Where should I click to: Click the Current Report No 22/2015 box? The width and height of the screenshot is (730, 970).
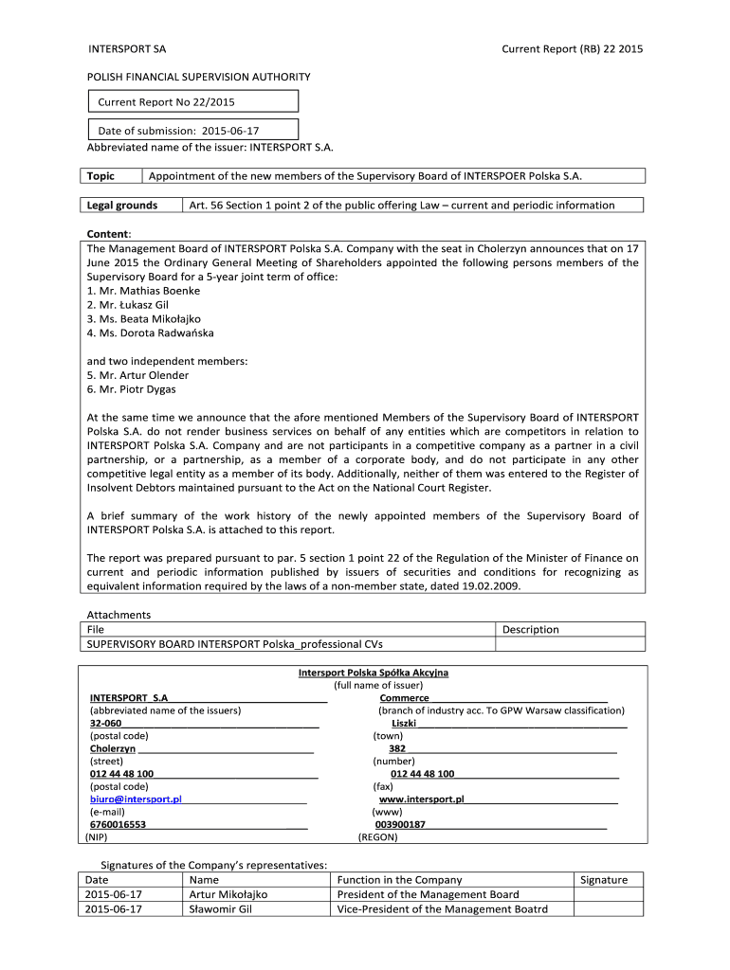click(x=192, y=101)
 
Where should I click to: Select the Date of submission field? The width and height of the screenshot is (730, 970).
click(x=192, y=130)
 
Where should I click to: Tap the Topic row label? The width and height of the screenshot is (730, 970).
click(x=100, y=176)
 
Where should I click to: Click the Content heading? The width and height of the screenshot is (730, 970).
click(x=109, y=234)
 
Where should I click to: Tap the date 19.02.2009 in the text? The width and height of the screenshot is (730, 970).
click(x=491, y=586)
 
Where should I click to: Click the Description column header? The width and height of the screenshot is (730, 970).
click(x=530, y=629)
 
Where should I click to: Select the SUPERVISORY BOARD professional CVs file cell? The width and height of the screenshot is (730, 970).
click(x=235, y=644)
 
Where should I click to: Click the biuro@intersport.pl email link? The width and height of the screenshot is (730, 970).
click(x=136, y=799)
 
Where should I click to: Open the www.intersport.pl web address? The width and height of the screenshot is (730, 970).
click(x=421, y=799)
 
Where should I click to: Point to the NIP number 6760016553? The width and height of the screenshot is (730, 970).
click(x=118, y=825)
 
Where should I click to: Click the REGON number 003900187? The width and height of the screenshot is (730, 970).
click(x=400, y=825)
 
